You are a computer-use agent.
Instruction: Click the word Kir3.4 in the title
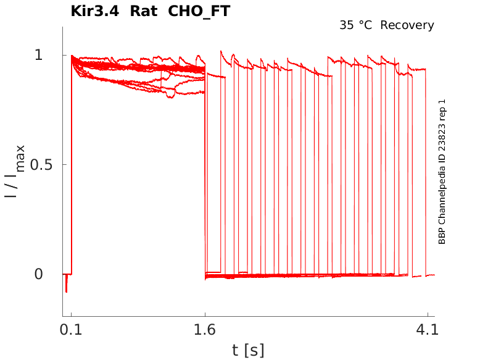(x=94, y=11)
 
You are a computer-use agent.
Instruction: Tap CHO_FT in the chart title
(x=199, y=11)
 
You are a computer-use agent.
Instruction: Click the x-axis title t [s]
(x=248, y=351)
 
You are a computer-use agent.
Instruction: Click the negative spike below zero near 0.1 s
(x=66, y=285)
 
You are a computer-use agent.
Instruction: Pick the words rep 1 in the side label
(x=442, y=108)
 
